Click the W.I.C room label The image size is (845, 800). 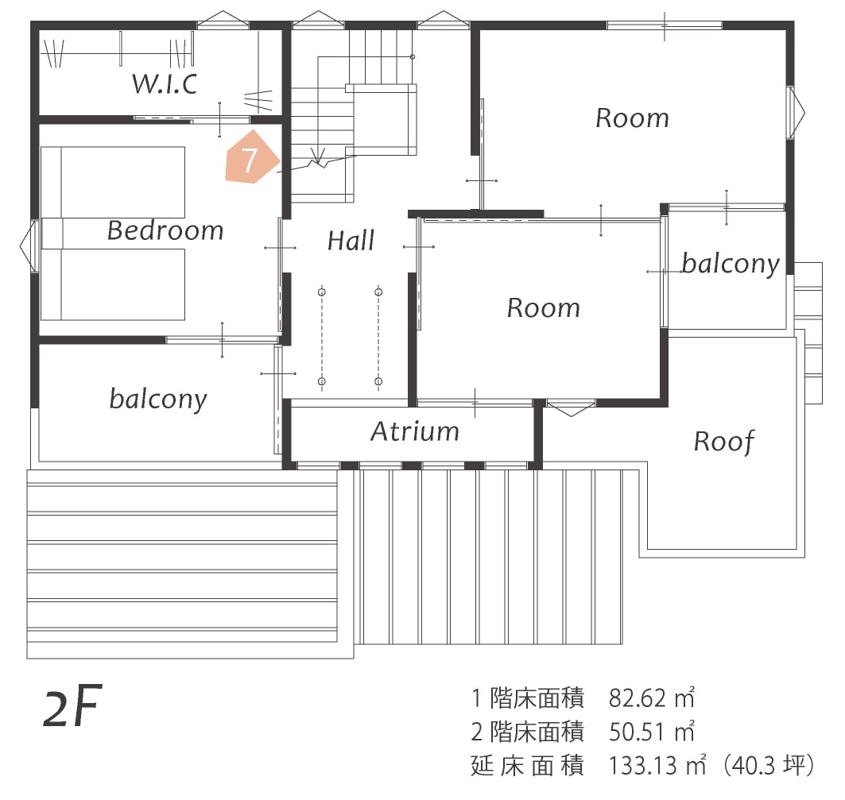pos(165,83)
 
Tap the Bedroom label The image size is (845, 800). pos(165,230)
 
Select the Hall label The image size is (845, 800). pos(351,240)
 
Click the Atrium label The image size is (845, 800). pos(415,431)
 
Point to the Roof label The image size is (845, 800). pos(724,441)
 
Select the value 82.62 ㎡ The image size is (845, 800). pos(652,698)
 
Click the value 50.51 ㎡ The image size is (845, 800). pos(652,732)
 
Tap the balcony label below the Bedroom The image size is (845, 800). pos(158,398)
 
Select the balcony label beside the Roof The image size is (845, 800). pos(731,263)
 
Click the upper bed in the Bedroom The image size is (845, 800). pos(113,182)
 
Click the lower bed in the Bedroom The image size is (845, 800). pos(113,284)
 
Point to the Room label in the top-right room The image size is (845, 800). pos(632,118)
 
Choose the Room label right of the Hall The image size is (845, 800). pos(544,307)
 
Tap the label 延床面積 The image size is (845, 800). pos(528,766)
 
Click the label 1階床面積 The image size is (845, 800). pos(528,698)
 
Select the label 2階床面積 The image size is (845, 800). pos(528,732)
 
